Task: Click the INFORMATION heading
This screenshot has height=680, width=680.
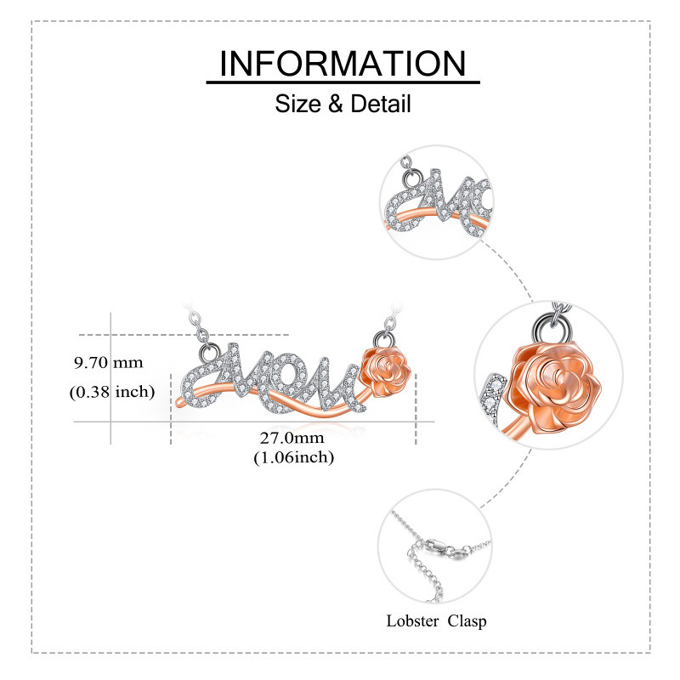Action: click(343, 64)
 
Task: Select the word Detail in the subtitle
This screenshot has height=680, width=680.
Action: click(380, 104)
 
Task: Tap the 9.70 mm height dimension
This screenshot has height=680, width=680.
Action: click(109, 363)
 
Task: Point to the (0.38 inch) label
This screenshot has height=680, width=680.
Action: click(112, 392)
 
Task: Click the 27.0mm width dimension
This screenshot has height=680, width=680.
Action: click(292, 438)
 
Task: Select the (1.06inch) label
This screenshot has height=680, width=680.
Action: click(293, 457)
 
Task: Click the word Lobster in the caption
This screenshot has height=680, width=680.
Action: click(412, 620)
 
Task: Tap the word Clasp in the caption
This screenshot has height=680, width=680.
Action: click(467, 621)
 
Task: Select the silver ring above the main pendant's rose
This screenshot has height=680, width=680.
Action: click(384, 338)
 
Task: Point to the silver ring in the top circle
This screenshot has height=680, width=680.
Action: click(411, 178)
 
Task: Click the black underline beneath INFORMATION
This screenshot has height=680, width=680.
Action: click(343, 82)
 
